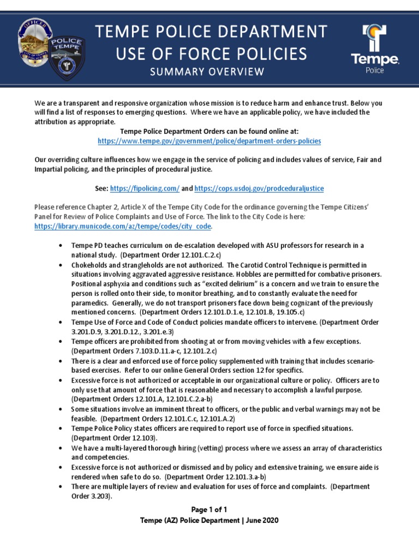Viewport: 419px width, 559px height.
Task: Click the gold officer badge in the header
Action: pos(36,41)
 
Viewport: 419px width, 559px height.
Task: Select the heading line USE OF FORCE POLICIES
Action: pos(211,53)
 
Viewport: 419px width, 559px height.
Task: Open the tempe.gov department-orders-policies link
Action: pos(209,140)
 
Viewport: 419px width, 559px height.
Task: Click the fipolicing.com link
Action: pos(145,188)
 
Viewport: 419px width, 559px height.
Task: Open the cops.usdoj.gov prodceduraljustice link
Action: pos(259,188)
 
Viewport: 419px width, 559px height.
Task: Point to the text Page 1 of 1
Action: pos(209,509)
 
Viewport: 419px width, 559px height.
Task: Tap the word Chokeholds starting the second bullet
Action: pos(91,265)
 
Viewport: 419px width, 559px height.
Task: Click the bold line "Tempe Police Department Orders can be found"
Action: pos(209,131)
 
